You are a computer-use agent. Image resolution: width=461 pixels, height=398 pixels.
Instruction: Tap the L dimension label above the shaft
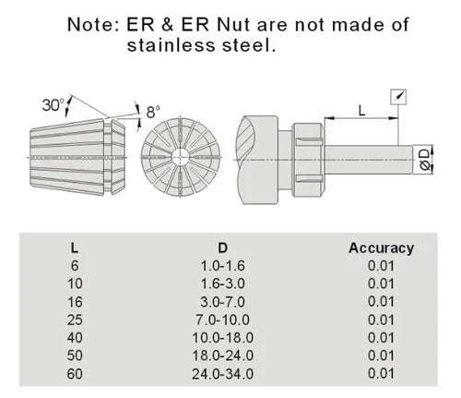(x=361, y=110)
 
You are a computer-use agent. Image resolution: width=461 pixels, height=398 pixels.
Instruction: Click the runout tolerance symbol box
(x=398, y=95)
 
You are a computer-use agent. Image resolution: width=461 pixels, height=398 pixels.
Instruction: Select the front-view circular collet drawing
(x=182, y=154)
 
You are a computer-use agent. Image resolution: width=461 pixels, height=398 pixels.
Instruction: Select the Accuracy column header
(x=381, y=247)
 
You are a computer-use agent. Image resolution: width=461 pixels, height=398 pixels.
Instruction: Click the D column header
(x=222, y=247)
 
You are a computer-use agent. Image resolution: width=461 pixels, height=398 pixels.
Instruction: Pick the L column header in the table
(x=74, y=247)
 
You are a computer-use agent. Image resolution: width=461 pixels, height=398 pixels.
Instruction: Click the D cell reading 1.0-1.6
(x=222, y=265)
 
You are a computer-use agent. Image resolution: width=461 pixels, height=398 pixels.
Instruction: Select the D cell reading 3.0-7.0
(x=222, y=301)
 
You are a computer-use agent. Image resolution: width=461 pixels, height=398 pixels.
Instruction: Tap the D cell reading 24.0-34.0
(x=222, y=373)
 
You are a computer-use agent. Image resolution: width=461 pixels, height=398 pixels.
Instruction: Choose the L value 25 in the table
(x=74, y=319)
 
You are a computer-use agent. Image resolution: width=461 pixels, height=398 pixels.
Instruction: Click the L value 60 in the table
(x=74, y=373)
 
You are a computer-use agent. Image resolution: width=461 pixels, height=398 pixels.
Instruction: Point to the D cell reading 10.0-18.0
(x=222, y=337)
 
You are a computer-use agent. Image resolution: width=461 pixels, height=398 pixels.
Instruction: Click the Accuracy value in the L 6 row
(x=381, y=265)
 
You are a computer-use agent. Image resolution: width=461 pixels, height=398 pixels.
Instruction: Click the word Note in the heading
(x=93, y=25)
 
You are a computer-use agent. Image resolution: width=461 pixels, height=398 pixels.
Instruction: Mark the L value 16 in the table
(x=74, y=301)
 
